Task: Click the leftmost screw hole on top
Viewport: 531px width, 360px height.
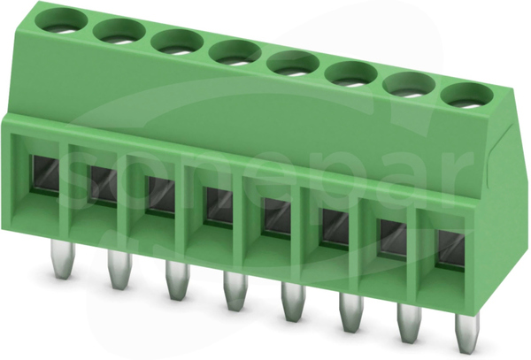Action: click(61, 21)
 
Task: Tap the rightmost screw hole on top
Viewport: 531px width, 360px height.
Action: click(467, 96)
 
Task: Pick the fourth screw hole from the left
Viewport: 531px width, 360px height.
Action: click(235, 53)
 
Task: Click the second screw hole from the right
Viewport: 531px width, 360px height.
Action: click(410, 85)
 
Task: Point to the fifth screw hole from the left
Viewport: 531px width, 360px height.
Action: click(294, 64)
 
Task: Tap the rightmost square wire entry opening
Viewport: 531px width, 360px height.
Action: click(450, 249)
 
